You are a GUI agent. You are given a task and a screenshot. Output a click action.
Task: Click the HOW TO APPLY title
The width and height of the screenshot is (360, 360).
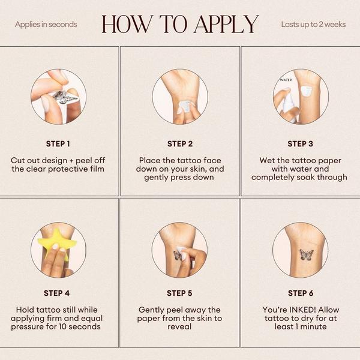[180, 24]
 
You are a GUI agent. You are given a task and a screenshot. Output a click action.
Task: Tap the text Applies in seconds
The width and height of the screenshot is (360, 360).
[46, 25]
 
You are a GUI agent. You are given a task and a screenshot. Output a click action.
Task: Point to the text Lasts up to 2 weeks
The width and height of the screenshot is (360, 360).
[313, 25]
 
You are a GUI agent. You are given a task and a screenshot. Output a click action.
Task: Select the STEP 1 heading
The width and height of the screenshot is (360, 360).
[58, 144]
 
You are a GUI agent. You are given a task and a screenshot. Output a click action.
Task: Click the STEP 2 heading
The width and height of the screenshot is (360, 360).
[180, 144]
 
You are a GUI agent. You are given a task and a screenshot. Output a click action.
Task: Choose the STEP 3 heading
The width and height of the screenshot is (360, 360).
[301, 144]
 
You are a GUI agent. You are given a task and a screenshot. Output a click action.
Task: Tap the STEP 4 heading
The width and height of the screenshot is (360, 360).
[57, 293]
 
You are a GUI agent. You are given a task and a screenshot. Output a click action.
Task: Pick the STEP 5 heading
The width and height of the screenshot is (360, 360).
[179, 293]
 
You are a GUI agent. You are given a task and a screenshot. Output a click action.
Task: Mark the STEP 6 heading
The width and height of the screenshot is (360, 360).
[301, 293]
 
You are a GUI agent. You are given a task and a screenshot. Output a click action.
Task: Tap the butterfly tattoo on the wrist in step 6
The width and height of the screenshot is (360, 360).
[307, 254]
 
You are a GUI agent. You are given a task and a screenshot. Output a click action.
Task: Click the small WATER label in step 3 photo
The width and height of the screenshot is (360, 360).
[286, 80]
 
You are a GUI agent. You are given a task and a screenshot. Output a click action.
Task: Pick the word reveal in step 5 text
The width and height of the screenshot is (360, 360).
[179, 327]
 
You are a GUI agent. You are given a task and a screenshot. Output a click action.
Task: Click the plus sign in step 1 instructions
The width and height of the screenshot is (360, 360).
[71, 161]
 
